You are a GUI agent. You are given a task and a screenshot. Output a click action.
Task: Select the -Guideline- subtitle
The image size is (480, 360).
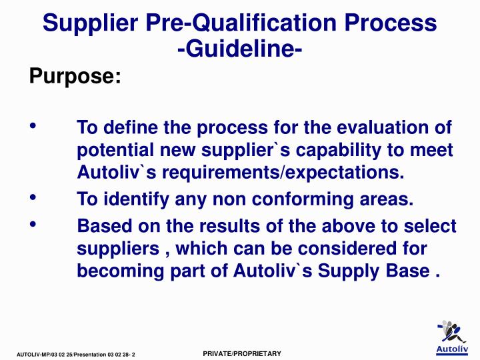pos(240,49)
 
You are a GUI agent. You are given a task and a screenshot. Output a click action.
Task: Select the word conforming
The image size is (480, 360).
pos(289,199)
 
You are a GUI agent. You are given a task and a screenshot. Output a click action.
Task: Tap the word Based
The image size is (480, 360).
pos(102,226)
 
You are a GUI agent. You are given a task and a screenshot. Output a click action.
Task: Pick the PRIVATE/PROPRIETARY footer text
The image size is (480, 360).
pos(242,352)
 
